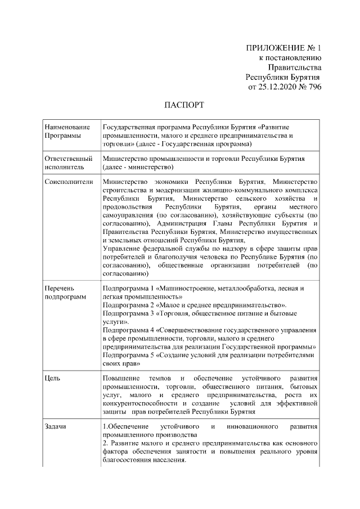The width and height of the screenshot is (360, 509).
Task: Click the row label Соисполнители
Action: pos(68,182)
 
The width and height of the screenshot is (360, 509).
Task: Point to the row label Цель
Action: pos(52,378)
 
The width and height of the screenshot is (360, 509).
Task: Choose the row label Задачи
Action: pos(56,426)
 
